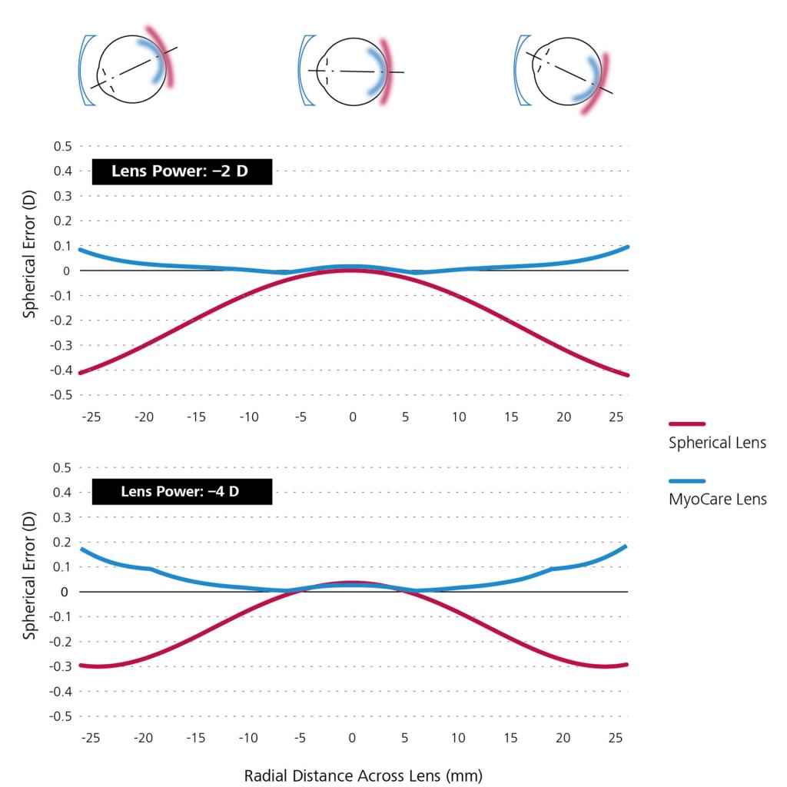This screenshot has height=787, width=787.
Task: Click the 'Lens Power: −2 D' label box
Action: (181, 171)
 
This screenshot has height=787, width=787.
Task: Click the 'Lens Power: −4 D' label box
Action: (181, 492)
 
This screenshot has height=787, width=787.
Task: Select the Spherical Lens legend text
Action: (717, 443)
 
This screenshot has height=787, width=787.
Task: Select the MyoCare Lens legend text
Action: (717, 500)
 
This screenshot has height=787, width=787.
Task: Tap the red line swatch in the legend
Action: (687, 423)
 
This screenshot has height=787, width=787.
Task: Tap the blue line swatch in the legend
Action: (687, 480)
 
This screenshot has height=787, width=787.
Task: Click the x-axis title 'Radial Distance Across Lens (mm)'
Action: (364, 775)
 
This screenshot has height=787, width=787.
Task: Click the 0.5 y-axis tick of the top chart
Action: (61, 146)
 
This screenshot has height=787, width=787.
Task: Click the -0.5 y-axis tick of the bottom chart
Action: (60, 716)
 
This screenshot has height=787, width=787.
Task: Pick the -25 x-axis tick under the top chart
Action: (91, 417)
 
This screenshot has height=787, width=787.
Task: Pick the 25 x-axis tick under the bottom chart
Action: (615, 738)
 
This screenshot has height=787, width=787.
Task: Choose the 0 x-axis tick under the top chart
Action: (353, 417)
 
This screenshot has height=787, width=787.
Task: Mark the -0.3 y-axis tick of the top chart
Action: (60, 345)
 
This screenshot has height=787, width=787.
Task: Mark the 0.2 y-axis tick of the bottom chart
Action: (61, 542)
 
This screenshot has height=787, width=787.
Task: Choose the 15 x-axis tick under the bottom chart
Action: (511, 738)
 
